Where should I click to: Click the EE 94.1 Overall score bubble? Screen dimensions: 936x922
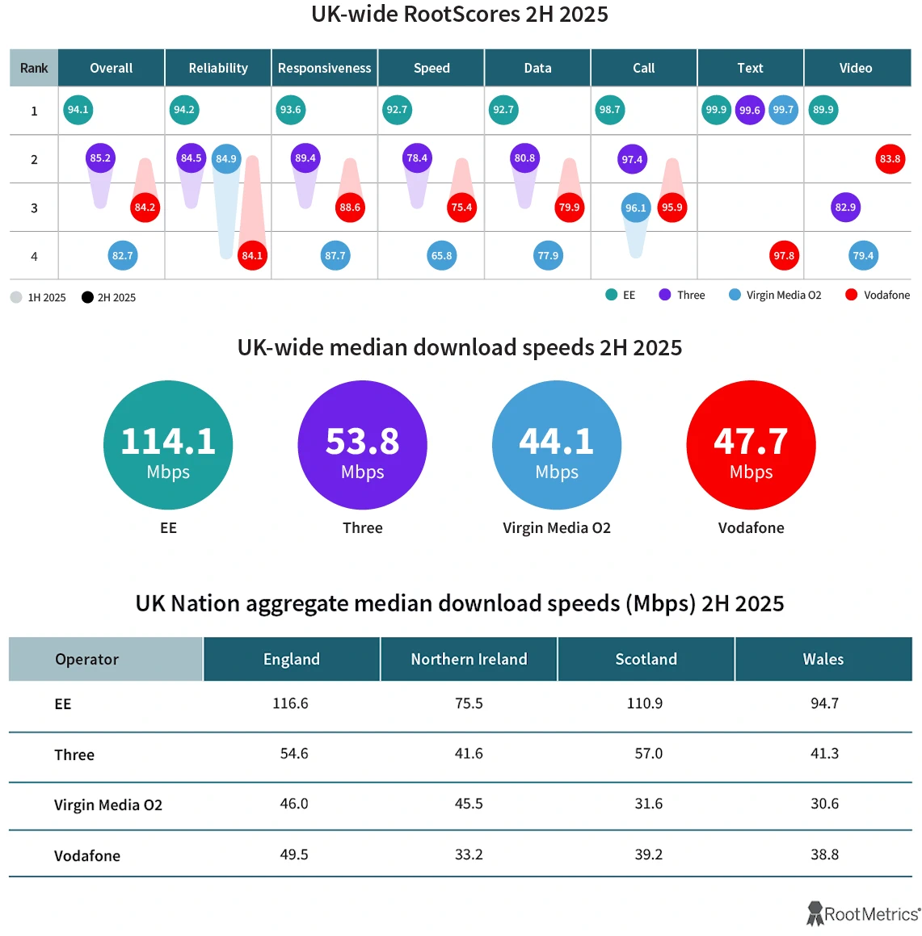tap(78, 110)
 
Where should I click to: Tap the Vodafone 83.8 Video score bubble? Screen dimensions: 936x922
tap(890, 159)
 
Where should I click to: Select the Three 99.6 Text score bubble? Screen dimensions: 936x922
tap(749, 111)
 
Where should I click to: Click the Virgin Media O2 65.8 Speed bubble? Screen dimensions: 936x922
tap(441, 256)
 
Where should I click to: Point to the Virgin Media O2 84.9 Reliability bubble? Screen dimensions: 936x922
tap(226, 159)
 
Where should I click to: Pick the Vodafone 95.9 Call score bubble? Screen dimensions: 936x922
tap(672, 208)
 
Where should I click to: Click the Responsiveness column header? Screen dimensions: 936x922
tap(324, 69)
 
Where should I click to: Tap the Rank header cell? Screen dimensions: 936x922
tap(34, 69)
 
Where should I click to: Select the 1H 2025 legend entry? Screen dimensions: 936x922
tap(38, 297)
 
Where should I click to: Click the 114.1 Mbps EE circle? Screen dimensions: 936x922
tap(168, 445)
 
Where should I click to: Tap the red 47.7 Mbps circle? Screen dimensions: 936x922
tap(751, 445)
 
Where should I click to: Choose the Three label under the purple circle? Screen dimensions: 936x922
tap(362, 528)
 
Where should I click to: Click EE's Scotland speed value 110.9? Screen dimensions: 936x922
tap(645, 703)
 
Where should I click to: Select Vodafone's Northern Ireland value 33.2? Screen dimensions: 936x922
tap(469, 854)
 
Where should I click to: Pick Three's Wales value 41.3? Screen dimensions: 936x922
tap(824, 753)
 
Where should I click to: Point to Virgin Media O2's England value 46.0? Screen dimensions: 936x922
tap(294, 804)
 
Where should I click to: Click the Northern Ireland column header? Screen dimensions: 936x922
tap(469, 659)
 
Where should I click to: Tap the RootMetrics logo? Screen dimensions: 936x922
tap(863, 914)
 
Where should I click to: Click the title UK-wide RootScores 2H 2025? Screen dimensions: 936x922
tap(460, 15)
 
